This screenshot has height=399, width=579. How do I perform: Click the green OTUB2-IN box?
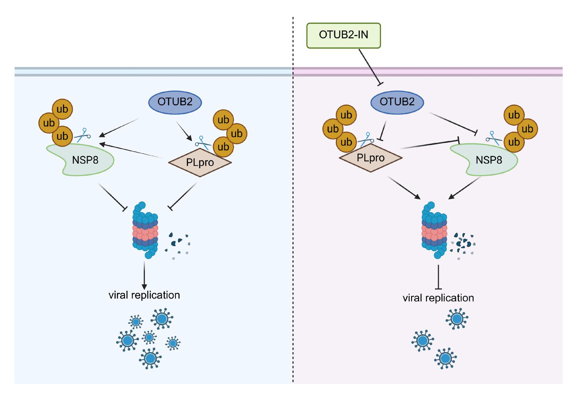(x=344, y=36)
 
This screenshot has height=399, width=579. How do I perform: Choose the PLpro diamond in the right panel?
(x=371, y=158)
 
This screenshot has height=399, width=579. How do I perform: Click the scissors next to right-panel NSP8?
(x=494, y=138)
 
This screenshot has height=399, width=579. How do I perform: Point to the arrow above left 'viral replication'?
(x=144, y=275)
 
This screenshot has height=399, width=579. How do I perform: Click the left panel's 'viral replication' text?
(x=144, y=295)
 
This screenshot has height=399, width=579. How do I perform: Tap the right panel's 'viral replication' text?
(x=438, y=298)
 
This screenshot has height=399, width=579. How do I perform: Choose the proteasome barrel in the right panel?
(x=434, y=230)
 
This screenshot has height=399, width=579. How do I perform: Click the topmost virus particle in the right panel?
(x=457, y=319)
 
